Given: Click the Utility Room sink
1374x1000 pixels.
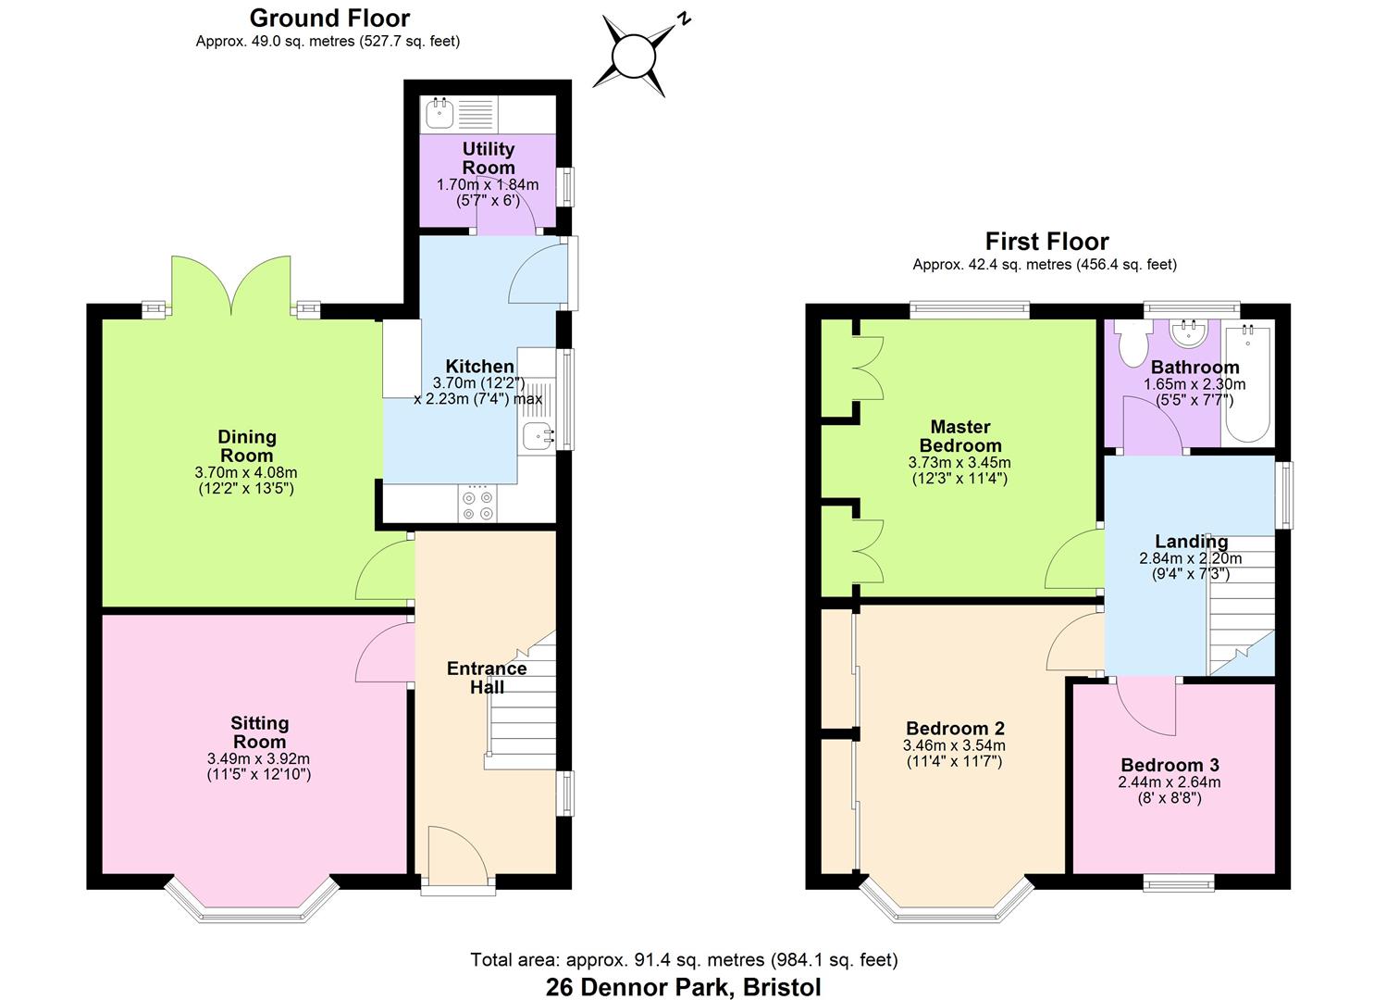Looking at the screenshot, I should pyautogui.click(x=439, y=114).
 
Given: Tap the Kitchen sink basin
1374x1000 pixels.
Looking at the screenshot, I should pyautogui.click(x=536, y=435).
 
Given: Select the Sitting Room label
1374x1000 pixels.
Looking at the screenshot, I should pyautogui.click(x=259, y=731).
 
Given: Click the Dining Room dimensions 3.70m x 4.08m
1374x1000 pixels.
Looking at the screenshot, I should pyautogui.click(x=246, y=472).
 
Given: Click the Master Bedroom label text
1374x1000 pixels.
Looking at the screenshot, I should pyautogui.click(x=959, y=435).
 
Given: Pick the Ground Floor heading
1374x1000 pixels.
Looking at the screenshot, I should pyautogui.click(x=329, y=18).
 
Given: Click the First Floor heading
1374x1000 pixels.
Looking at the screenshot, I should pyautogui.click(x=1046, y=242).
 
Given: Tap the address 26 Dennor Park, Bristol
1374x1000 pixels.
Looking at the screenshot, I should pyautogui.click(x=683, y=987).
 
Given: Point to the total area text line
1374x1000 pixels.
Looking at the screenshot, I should pyautogui.click(x=683, y=960).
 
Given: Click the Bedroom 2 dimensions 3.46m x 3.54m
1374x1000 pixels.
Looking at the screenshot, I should pyautogui.click(x=954, y=745).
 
